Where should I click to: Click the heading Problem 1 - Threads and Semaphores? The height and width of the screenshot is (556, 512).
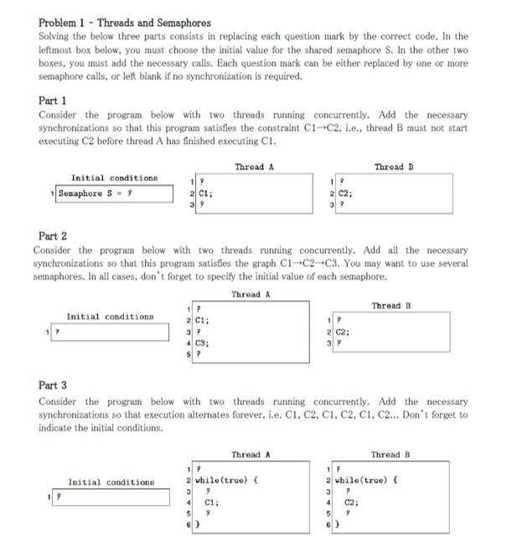pyautogui.click(x=125, y=23)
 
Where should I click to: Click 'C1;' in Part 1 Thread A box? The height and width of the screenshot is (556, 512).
pyautogui.click(x=205, y=193)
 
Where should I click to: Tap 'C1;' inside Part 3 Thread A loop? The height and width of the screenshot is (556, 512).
pyautogui.click(x=212, y=503)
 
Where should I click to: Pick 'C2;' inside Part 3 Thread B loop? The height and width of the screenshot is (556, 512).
pyautogui.click(x=353, y=503)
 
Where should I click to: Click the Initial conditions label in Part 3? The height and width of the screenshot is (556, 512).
pyautogui.click(x=111, y=482)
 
